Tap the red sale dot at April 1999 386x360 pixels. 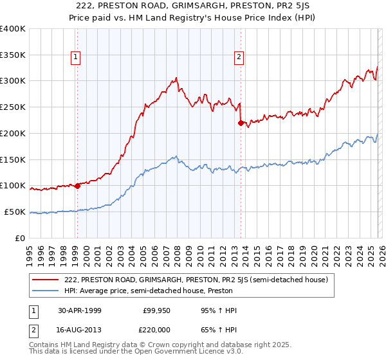click(x=77, y=186)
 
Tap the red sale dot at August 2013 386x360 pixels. click(x=240, y=123)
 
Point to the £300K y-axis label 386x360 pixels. click(x=13, y=81)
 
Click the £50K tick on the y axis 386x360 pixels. click(x=14, y=212)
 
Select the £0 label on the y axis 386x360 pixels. click(x=19, y=238)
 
